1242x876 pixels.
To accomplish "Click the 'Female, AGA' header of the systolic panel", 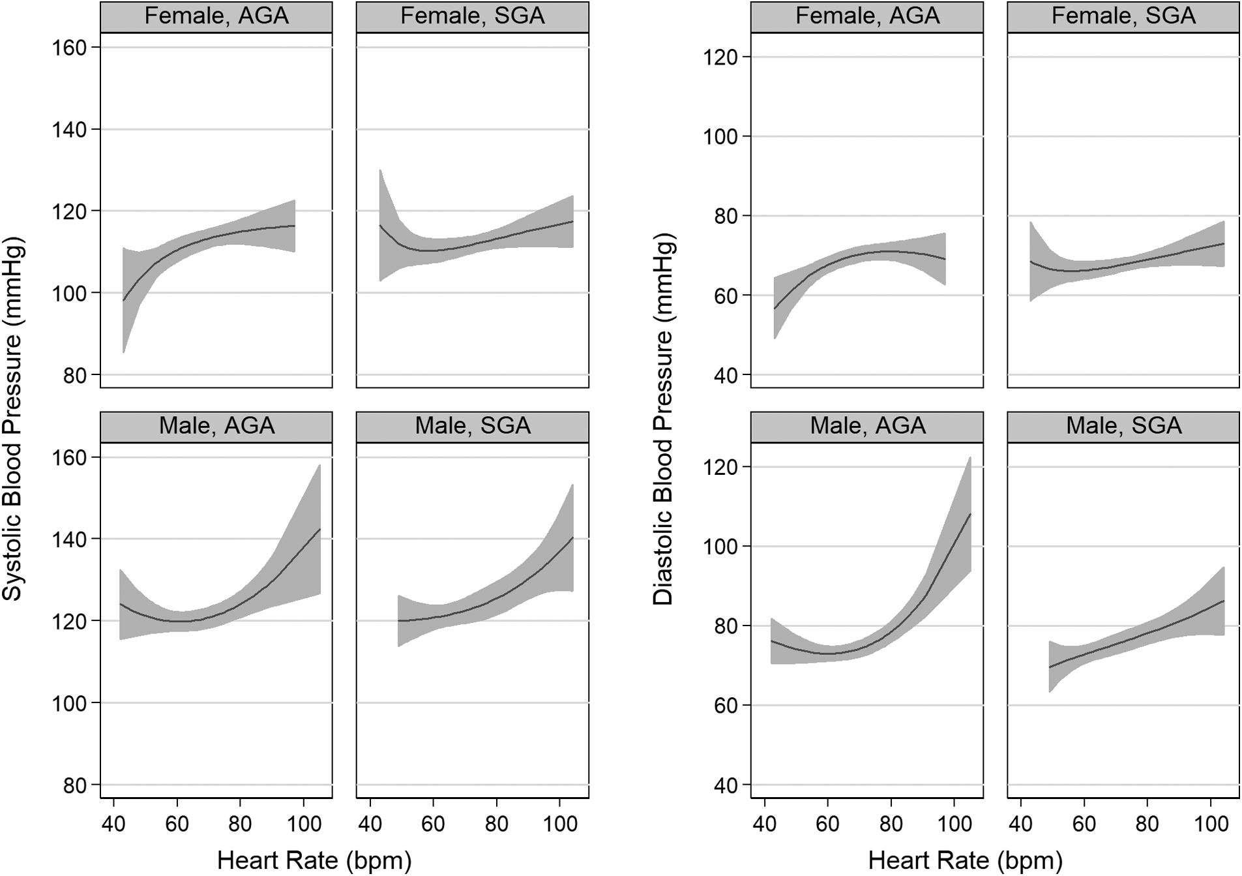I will (216, 16).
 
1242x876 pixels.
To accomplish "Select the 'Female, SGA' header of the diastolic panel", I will (1123, 16).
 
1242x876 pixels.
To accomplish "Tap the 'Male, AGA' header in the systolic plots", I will (216, 426).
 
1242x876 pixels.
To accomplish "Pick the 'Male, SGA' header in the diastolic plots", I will (1123, 426).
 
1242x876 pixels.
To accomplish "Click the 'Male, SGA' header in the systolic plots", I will (473, 426).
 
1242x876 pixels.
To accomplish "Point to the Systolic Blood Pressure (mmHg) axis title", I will (13, 418).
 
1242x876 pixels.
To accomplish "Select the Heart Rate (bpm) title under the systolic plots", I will (314, 860).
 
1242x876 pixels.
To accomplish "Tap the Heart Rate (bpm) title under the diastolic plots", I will (965, 860).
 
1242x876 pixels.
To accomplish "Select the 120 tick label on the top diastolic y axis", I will (721, 58).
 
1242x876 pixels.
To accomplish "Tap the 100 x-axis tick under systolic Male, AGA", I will (304, 824).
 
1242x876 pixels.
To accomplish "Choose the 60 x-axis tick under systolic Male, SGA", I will (433, 824).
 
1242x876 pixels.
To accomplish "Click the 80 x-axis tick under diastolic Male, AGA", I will (891, 824).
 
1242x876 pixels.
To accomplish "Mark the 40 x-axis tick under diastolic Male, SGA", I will (1020, 824).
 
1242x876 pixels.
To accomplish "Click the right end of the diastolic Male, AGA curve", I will (971, 514).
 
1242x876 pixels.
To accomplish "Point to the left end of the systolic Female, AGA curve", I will (123, 300).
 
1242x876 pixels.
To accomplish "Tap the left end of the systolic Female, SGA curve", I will (380, 225).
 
